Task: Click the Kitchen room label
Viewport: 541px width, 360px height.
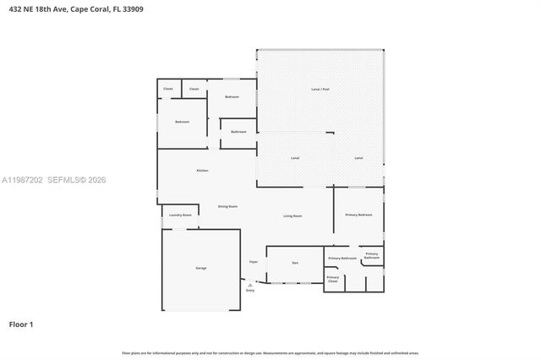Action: pyautogui.click(x=202, y=171)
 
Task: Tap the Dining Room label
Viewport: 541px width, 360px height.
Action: pyautogui.click(x=227, y=206)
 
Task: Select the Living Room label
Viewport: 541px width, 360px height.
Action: pyautogui.click(x=292, y=216)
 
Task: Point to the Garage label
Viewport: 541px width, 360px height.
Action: pyautogui.click(x=201, y=268)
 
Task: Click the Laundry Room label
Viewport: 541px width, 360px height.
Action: pyautogui.click(x=180, y=215)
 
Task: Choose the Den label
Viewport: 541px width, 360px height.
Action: pyautogui.click(x=295, y=264)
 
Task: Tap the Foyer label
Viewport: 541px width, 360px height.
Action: pyautogui.click(x=253, y=262)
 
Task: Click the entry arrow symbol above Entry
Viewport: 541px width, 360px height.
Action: pyautogui.click(x=250, y=285)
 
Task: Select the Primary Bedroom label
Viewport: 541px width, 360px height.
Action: pyautogui.click(x=358, y=215)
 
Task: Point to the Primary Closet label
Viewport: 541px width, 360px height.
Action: pyautogui.click(x=333, y=279)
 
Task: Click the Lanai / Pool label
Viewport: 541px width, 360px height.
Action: pyautogui.click(x=320, y=89)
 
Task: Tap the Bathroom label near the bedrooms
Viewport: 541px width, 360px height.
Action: pyautogui.click(x=238, y=132)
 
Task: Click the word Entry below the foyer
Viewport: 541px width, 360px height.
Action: pyautogui.click(x=250, y=291)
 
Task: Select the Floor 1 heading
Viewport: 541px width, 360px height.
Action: pyautogui.click(x=21, y=324)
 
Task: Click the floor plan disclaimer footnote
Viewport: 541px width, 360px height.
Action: pyautogui.click(x=270, y=352)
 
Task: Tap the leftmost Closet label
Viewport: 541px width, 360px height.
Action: pyautogui.click(x=167, y=89)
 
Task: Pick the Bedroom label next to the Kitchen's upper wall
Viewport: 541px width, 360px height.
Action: pyautogui.click(x=182, y=122)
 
